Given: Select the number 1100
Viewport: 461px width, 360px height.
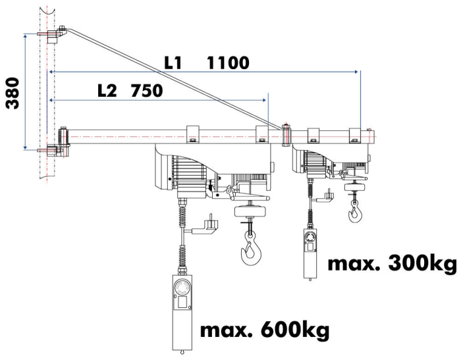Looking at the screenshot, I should pos(227,64).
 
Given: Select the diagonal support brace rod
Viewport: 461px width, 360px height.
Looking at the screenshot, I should pos(171,76).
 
